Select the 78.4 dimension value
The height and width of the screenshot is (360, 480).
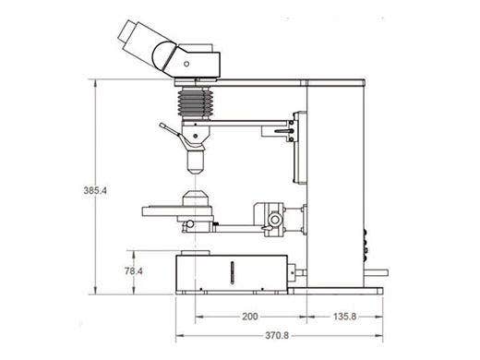134,271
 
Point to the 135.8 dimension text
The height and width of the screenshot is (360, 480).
343,317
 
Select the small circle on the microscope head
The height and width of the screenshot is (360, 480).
186,64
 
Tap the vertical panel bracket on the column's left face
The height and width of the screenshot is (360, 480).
297,148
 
